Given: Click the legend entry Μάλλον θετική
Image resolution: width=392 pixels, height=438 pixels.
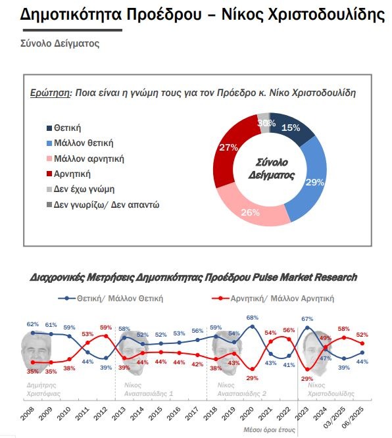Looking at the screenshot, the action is (80, 143).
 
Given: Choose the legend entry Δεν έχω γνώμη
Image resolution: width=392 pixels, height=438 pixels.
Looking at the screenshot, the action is (80, 189).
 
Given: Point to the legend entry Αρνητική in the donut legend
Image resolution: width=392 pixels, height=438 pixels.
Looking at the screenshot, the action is (68, 174).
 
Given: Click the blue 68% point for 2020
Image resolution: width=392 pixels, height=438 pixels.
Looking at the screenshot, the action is (253, 326).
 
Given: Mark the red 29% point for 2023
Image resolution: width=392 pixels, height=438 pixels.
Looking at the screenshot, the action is (307, 370).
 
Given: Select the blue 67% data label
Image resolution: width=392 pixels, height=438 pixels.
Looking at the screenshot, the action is (307, 319).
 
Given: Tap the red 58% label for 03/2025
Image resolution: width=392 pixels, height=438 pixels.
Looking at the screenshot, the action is (344, 329).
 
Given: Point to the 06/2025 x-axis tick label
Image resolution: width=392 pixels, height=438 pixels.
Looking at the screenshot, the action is (353, 417).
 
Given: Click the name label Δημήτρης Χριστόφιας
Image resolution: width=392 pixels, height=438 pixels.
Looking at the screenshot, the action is (43, 389).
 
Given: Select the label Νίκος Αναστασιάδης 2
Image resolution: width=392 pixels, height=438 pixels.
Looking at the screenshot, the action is (241, 389).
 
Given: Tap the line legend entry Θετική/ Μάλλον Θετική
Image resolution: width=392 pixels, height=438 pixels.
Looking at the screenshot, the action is (110, 299).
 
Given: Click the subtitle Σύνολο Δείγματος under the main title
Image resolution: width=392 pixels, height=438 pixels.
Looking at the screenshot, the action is (60, 43).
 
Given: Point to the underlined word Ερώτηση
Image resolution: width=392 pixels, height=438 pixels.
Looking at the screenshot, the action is (50, 93).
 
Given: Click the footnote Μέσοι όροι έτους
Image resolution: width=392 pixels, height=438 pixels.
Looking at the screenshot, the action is (269, 429).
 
